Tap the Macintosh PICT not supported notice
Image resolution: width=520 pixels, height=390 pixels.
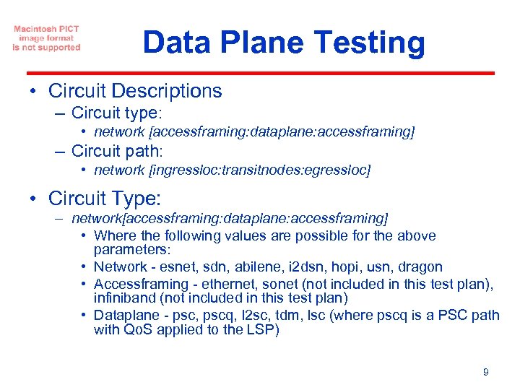coord(46,38)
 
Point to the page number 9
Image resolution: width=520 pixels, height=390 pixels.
coord(485,372)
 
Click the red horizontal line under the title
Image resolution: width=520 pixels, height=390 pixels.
coord(260,73)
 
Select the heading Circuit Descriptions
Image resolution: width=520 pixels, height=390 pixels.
coord(135,91)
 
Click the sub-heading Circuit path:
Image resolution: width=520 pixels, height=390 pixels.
coord(118,151)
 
